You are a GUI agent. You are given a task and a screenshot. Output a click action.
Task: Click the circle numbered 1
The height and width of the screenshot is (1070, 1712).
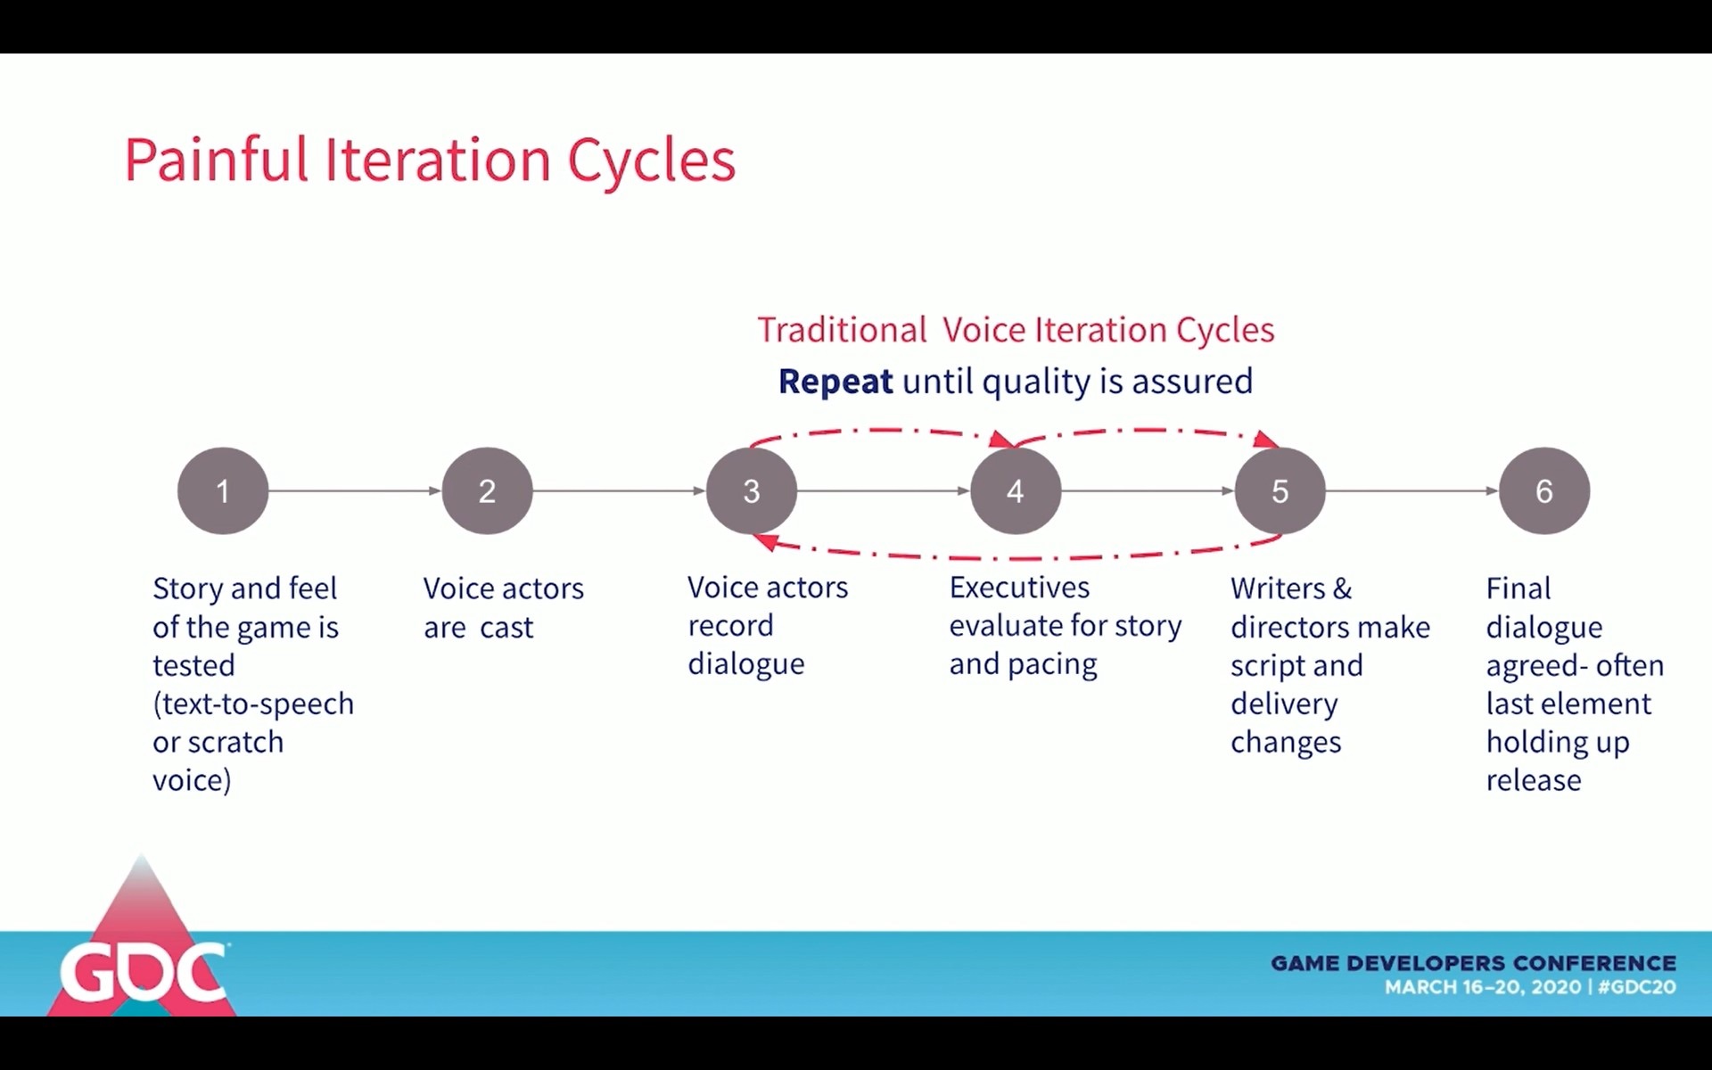[x=223, y=490]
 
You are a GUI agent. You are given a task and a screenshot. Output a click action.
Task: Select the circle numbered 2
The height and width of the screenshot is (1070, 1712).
[x=487, y=490]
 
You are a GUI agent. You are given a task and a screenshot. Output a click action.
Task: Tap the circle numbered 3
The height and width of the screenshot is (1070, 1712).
[x=752, y=490]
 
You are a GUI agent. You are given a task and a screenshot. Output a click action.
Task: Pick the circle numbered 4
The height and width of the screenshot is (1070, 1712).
[x=1016, y=490]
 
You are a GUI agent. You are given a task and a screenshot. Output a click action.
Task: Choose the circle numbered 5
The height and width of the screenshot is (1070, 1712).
[x=1280, y=490]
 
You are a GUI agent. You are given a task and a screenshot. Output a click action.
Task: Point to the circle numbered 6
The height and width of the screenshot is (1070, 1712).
[x=1544, y=490]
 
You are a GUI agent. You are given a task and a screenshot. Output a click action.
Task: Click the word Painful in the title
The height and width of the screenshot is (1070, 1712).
[x=217, y=160]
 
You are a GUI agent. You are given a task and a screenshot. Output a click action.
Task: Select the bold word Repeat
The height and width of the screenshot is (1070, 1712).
[x=835, y=382]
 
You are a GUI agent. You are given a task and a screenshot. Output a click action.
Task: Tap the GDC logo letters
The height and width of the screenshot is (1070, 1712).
[x=143, y=972]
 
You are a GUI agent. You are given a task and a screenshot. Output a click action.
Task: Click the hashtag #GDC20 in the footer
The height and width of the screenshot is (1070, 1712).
[x=1637, y=987]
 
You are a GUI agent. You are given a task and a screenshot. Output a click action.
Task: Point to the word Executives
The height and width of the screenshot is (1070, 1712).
[x=1019, y=588]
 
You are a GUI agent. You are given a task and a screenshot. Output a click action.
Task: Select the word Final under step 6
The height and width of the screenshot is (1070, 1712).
[x=1519, y=588]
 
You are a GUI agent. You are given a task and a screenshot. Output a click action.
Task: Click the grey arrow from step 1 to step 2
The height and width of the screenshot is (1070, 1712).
[x=355, y=490]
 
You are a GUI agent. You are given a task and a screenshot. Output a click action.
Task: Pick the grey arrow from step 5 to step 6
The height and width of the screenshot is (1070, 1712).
[x=1412, y=490]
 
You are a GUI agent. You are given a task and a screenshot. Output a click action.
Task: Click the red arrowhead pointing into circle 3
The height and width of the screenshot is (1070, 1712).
[x=763, y=541]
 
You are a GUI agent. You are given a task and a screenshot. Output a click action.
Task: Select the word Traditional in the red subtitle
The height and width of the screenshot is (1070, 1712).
[x=843, y=330]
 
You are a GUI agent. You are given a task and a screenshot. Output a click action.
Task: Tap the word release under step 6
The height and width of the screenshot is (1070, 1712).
[x=1534, y=781]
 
